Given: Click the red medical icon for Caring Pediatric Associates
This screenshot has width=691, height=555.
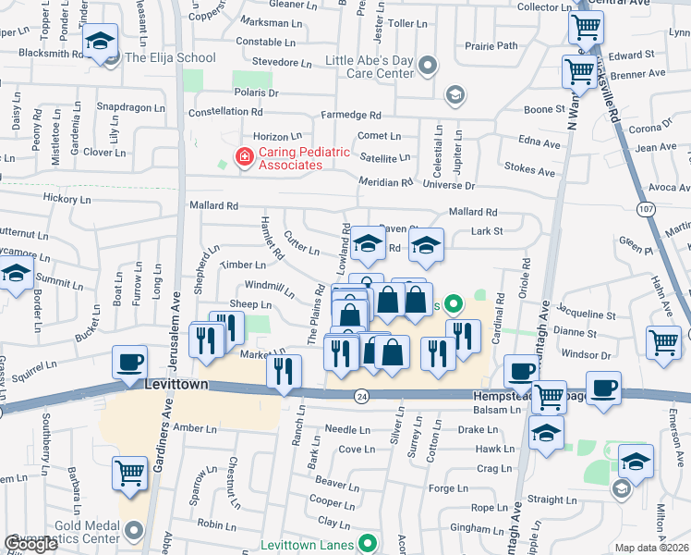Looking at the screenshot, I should point(244,158).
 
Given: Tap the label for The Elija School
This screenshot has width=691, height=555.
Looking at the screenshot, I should point(170,57).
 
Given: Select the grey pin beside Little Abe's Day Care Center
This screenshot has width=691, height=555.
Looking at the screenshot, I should point(426,66).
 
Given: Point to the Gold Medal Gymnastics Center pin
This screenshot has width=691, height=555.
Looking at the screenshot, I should point(135,530).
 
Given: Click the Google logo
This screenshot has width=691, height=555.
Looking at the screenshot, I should point(30,544).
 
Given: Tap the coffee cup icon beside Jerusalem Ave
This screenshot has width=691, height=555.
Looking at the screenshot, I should point(129,361).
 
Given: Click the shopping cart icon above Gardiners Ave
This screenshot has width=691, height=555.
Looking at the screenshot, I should point(130,473).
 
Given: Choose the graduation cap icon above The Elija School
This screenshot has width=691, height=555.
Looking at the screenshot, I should point(100,41).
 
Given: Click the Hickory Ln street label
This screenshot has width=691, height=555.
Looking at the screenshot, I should point(67,199).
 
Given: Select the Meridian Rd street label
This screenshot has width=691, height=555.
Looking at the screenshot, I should point(386,182).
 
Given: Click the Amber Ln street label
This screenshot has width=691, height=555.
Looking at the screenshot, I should point(194,428).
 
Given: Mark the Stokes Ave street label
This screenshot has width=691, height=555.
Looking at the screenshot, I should point(530,171).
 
